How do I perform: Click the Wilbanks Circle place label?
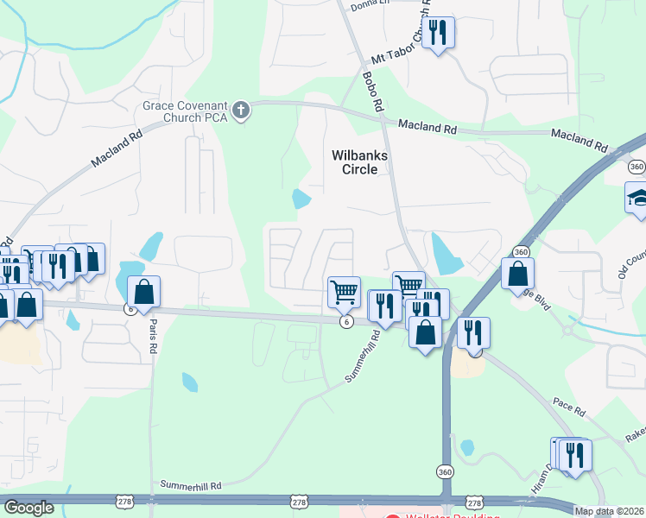[360, 162]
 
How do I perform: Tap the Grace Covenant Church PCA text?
[186, 112]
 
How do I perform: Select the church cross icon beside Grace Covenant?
[241, 111]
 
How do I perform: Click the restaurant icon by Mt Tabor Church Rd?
[440, 34]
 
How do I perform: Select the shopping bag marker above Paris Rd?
[144, 292]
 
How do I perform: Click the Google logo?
[28, 508]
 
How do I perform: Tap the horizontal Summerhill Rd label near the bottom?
[191, 486]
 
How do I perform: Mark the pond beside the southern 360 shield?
[467, 448]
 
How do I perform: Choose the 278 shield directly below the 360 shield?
[473, 502]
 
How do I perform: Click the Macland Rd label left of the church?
[117, 148]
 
